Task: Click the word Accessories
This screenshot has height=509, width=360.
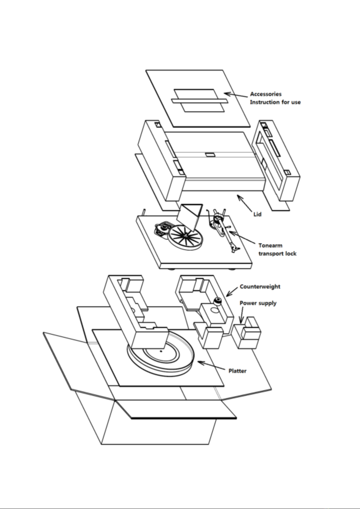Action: tap(266, 94)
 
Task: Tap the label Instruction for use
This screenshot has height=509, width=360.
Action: tap(275, 102)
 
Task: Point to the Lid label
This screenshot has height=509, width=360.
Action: tap(257, 214)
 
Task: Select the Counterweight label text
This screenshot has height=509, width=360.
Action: tap(260, 287)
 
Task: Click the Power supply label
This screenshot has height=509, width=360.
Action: tap(258, 303)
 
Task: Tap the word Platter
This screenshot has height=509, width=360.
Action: tap(237, 371)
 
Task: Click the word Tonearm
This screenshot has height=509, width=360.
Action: tap(271, 246)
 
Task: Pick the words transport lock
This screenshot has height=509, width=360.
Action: tap(277, 253)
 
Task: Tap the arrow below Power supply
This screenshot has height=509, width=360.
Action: tap(242, 315)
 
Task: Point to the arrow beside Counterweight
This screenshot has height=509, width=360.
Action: tap(232, 291)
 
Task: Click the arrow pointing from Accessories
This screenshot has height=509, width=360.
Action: tap(236, 95)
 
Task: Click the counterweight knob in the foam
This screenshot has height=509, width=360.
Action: tap(217, 301)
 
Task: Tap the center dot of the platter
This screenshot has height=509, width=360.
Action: tap(161, 351)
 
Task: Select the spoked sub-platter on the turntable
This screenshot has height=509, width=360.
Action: tap(185, 237)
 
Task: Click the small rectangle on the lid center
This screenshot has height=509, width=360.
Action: tap(210, 155)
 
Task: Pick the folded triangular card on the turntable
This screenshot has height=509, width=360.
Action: tap(190, 217)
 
